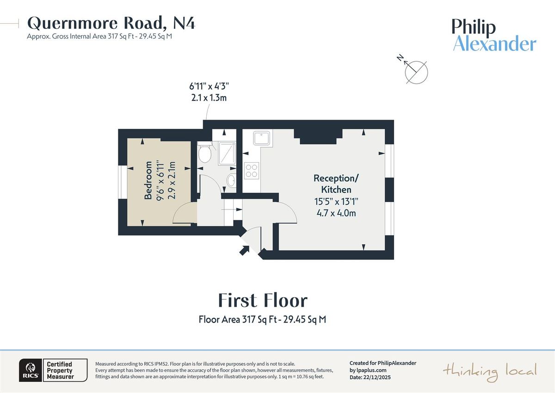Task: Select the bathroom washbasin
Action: (231, 180)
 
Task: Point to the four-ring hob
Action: (252, 171)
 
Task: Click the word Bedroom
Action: (148, 180)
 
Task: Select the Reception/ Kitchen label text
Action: (336, 184)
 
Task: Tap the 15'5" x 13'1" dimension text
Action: (336, 202)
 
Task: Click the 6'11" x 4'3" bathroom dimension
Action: (209, 86)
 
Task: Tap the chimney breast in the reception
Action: (318, 136)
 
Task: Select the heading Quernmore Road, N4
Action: (111, 23)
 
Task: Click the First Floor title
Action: (262, 300)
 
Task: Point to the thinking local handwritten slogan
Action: (490, 371)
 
